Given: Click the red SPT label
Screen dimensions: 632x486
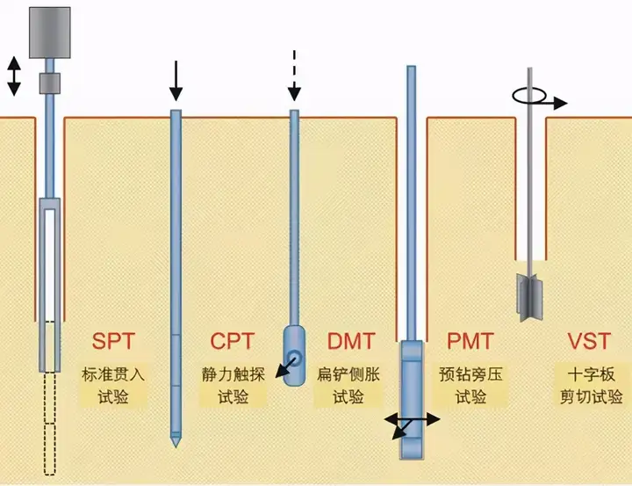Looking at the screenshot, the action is tap(113, 342).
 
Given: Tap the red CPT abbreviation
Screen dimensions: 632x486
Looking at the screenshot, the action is tap(233, 342).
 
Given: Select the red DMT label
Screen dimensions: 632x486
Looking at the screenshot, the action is tap(351, 342).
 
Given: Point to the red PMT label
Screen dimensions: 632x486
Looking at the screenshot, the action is tap(470, 342).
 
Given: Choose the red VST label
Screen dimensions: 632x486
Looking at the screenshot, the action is tap(589, 342).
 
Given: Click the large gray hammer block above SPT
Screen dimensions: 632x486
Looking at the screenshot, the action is tap(50, 33).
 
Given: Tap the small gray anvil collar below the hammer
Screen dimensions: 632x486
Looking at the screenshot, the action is tap(49, 83).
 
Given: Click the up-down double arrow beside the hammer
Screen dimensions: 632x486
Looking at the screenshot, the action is tap(14, 76).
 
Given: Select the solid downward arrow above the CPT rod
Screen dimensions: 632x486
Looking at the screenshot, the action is tap(176, 81).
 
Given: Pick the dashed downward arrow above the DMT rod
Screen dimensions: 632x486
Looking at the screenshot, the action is tap(295, 76).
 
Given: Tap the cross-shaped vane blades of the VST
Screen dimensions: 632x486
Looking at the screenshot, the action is tap(529, 298).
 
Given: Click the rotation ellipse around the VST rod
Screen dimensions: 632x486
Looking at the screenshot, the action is tap(529, 96).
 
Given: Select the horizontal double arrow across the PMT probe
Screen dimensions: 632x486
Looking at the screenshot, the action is tap(412, 420).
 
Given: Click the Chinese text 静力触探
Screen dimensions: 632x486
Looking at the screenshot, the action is tap(233, 375).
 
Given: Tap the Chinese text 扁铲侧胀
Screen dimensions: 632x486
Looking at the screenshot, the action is tap(348, 375).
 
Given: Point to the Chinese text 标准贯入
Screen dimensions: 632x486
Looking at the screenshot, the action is tap(113, 375).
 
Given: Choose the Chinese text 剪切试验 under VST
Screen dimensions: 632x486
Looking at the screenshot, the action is tap(592, 397).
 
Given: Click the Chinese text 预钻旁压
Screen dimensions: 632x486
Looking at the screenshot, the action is tap(471, 375).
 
